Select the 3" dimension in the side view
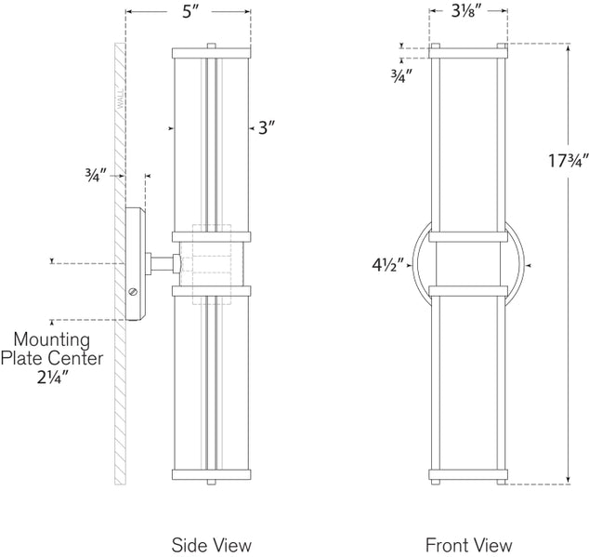tap(268, 130)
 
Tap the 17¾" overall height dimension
tap(556, 159)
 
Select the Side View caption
tap(213, 544)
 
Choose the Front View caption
tap(469, 544)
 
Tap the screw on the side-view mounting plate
tap(133, 293)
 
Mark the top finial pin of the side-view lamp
tap(212, 44)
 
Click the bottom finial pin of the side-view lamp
tap(212, 482)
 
